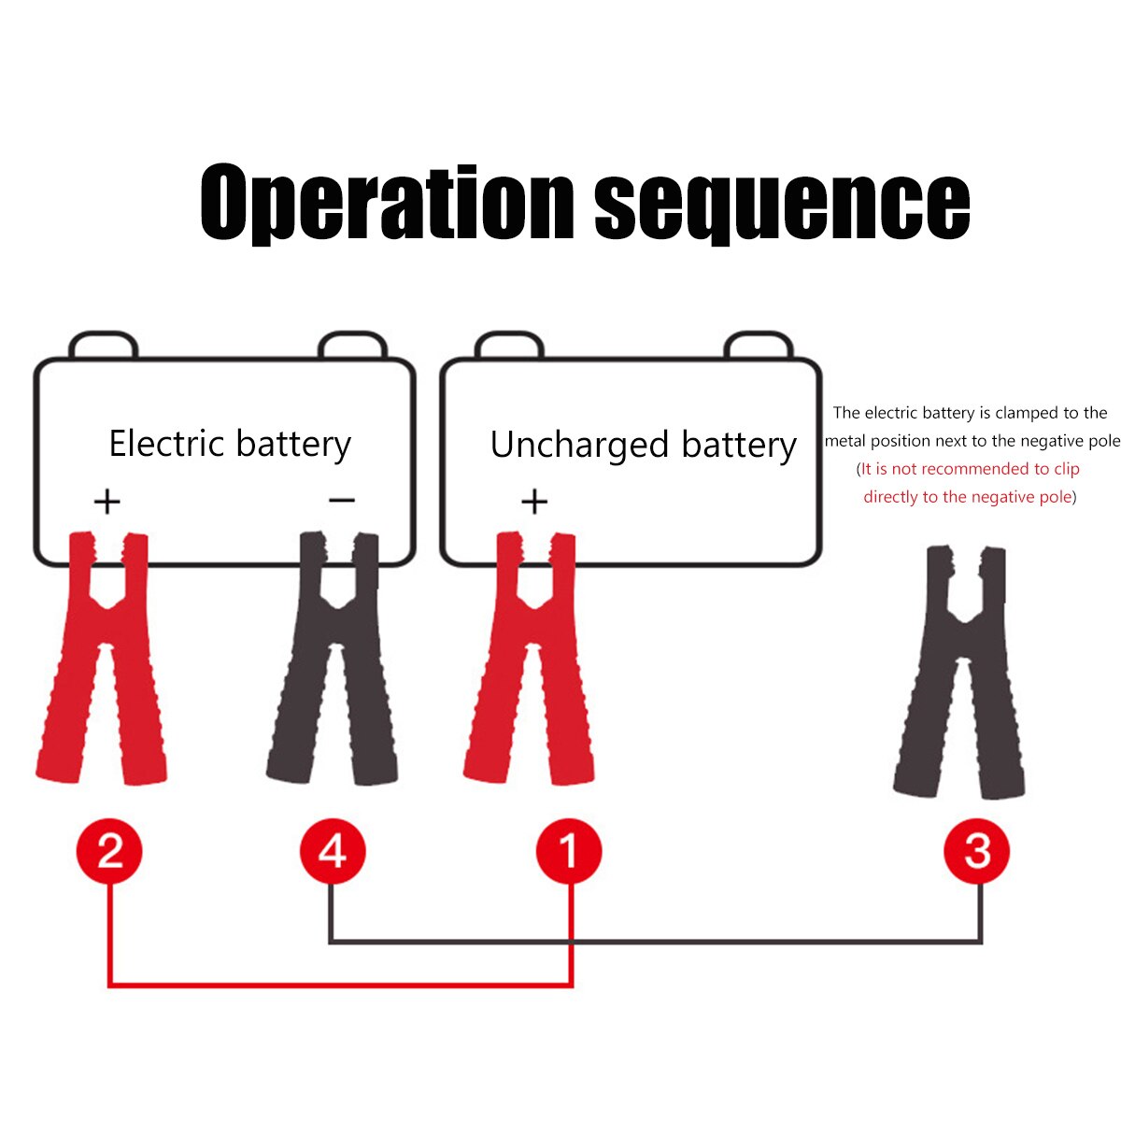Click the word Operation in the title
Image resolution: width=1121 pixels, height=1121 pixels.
pos(387,203)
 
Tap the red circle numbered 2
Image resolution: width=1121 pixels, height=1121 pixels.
pos(109,851)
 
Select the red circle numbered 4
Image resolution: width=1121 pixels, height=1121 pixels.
pos(333,851)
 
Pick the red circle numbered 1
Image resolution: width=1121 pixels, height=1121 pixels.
pos(569,851)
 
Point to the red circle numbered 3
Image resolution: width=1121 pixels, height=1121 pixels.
pos(977,851)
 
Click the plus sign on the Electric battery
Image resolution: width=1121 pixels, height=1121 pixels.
pos(107,502)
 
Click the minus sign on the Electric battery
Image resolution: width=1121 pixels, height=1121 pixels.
pos(342,501)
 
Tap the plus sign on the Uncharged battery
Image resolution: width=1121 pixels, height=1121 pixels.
pos(534,502)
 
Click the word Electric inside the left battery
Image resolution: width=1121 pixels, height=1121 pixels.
pos(165,443)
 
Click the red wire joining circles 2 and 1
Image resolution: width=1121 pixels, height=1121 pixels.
pos(340,984)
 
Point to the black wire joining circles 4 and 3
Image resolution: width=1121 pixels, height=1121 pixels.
pos(654,942)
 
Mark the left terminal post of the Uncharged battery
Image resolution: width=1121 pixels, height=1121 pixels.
pos(508,346)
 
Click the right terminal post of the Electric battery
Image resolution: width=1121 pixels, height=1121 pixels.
pos(352,346)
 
